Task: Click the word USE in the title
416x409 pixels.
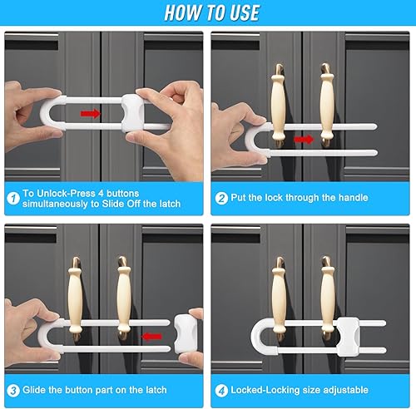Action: pos(245,12)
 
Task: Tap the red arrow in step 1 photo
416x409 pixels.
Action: pos(91,114)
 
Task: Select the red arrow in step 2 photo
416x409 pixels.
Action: pos(304,140)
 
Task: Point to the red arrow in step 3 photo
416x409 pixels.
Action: pos(151,337)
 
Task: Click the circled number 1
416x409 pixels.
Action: pos(13,199)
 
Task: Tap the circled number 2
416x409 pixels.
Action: pos(221,199)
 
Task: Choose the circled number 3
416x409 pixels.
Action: pos(13,391)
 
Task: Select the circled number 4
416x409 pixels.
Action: pos(221,391)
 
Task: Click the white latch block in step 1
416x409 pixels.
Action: pos(133,114)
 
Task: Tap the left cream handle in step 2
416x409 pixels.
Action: pos(278,106)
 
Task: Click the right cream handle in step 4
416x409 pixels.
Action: pos(328,298)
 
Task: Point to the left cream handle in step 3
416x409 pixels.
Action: pos(75,298)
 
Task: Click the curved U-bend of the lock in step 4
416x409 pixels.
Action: pos(255,336)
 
